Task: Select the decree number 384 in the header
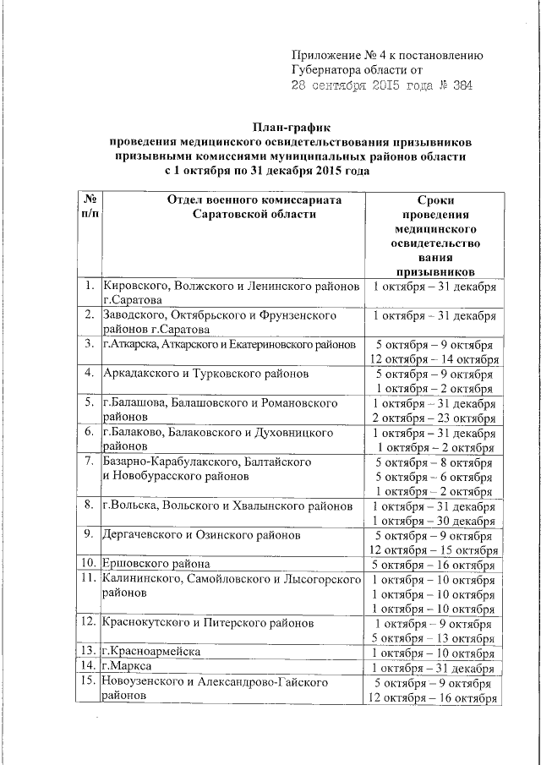tap(461, 86)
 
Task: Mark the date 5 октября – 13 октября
tap(434, 637)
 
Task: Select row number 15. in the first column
tap(88, 682)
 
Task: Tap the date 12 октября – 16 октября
tap(434, 697)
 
